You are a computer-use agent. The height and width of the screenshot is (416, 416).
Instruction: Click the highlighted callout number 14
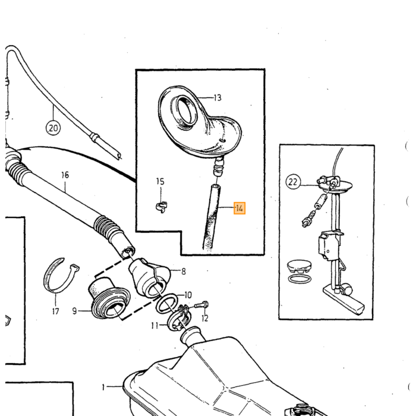(239, 208)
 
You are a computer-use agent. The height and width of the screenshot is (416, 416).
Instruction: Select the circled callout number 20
(53, 128)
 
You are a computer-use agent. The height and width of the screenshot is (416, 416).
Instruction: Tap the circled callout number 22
(293, 182)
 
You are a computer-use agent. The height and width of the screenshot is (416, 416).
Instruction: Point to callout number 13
(218, 98)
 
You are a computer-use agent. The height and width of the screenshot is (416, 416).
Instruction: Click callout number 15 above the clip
(160, 181)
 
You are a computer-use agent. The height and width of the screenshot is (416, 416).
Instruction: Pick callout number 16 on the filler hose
(65, 175)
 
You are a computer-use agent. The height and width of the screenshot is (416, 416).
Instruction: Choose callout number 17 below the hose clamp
(55, 311)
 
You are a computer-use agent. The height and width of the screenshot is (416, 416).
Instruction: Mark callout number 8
(184, 272)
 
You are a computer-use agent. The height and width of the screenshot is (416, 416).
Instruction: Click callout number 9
(74, 311)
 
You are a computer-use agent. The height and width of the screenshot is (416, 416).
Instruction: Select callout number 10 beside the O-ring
(188, 295)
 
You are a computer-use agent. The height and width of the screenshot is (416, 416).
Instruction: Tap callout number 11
(155, 325)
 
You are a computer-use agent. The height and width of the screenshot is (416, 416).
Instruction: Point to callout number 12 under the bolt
(205, 318)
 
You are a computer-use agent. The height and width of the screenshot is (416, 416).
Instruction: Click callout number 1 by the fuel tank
(103, 387)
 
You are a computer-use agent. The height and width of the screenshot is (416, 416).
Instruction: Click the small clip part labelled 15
(162, 207)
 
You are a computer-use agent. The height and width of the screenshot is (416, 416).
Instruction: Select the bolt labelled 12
(201, 305)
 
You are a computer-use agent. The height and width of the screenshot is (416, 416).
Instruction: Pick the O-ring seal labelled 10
(167, 304)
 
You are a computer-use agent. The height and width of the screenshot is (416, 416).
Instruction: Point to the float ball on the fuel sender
(347, 289)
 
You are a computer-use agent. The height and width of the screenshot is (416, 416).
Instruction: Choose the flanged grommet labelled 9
(109, 298)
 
